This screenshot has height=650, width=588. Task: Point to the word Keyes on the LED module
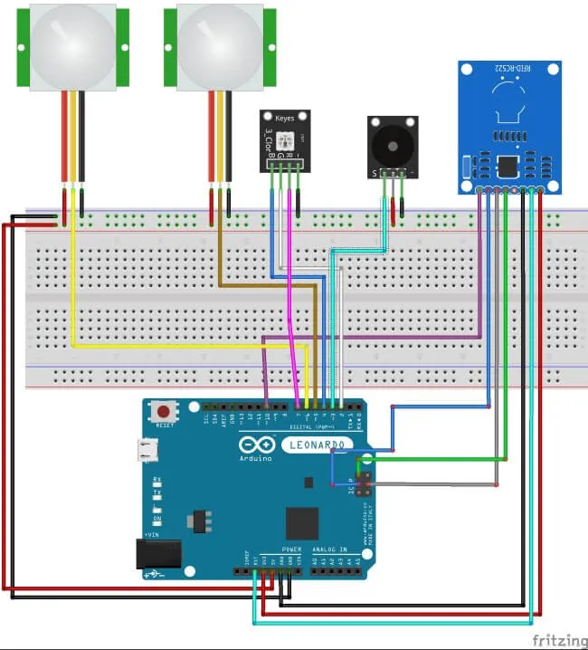pyautogui.click(x=285, y=117)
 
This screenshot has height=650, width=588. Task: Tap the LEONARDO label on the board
pyautogui.click(x=316, y=444)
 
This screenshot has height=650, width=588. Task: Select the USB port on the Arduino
pyautogui.click(x=147, y=449)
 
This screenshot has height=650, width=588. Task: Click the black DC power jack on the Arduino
pyautogui.click(x=154, y=553)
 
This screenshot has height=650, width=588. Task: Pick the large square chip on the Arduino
pyautogui.click(x=302, y=523)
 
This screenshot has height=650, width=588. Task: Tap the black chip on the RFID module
pyautogui.click(x=508, y=166)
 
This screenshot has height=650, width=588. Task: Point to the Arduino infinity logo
pyautogui.click(x=254, y=444)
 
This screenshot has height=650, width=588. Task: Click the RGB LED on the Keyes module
pyautogui.click(x=286, y=139)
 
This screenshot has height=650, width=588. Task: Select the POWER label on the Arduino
pyautogui.click(x=291, y=550)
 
